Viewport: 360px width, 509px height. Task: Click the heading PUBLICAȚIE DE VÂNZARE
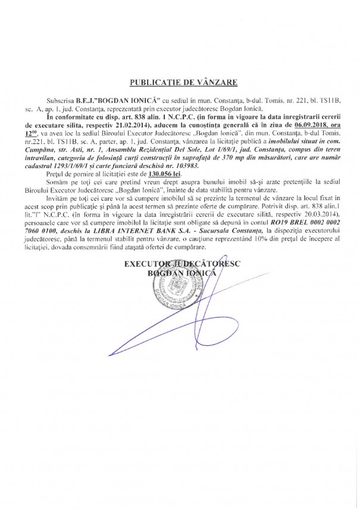coord(179,80)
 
